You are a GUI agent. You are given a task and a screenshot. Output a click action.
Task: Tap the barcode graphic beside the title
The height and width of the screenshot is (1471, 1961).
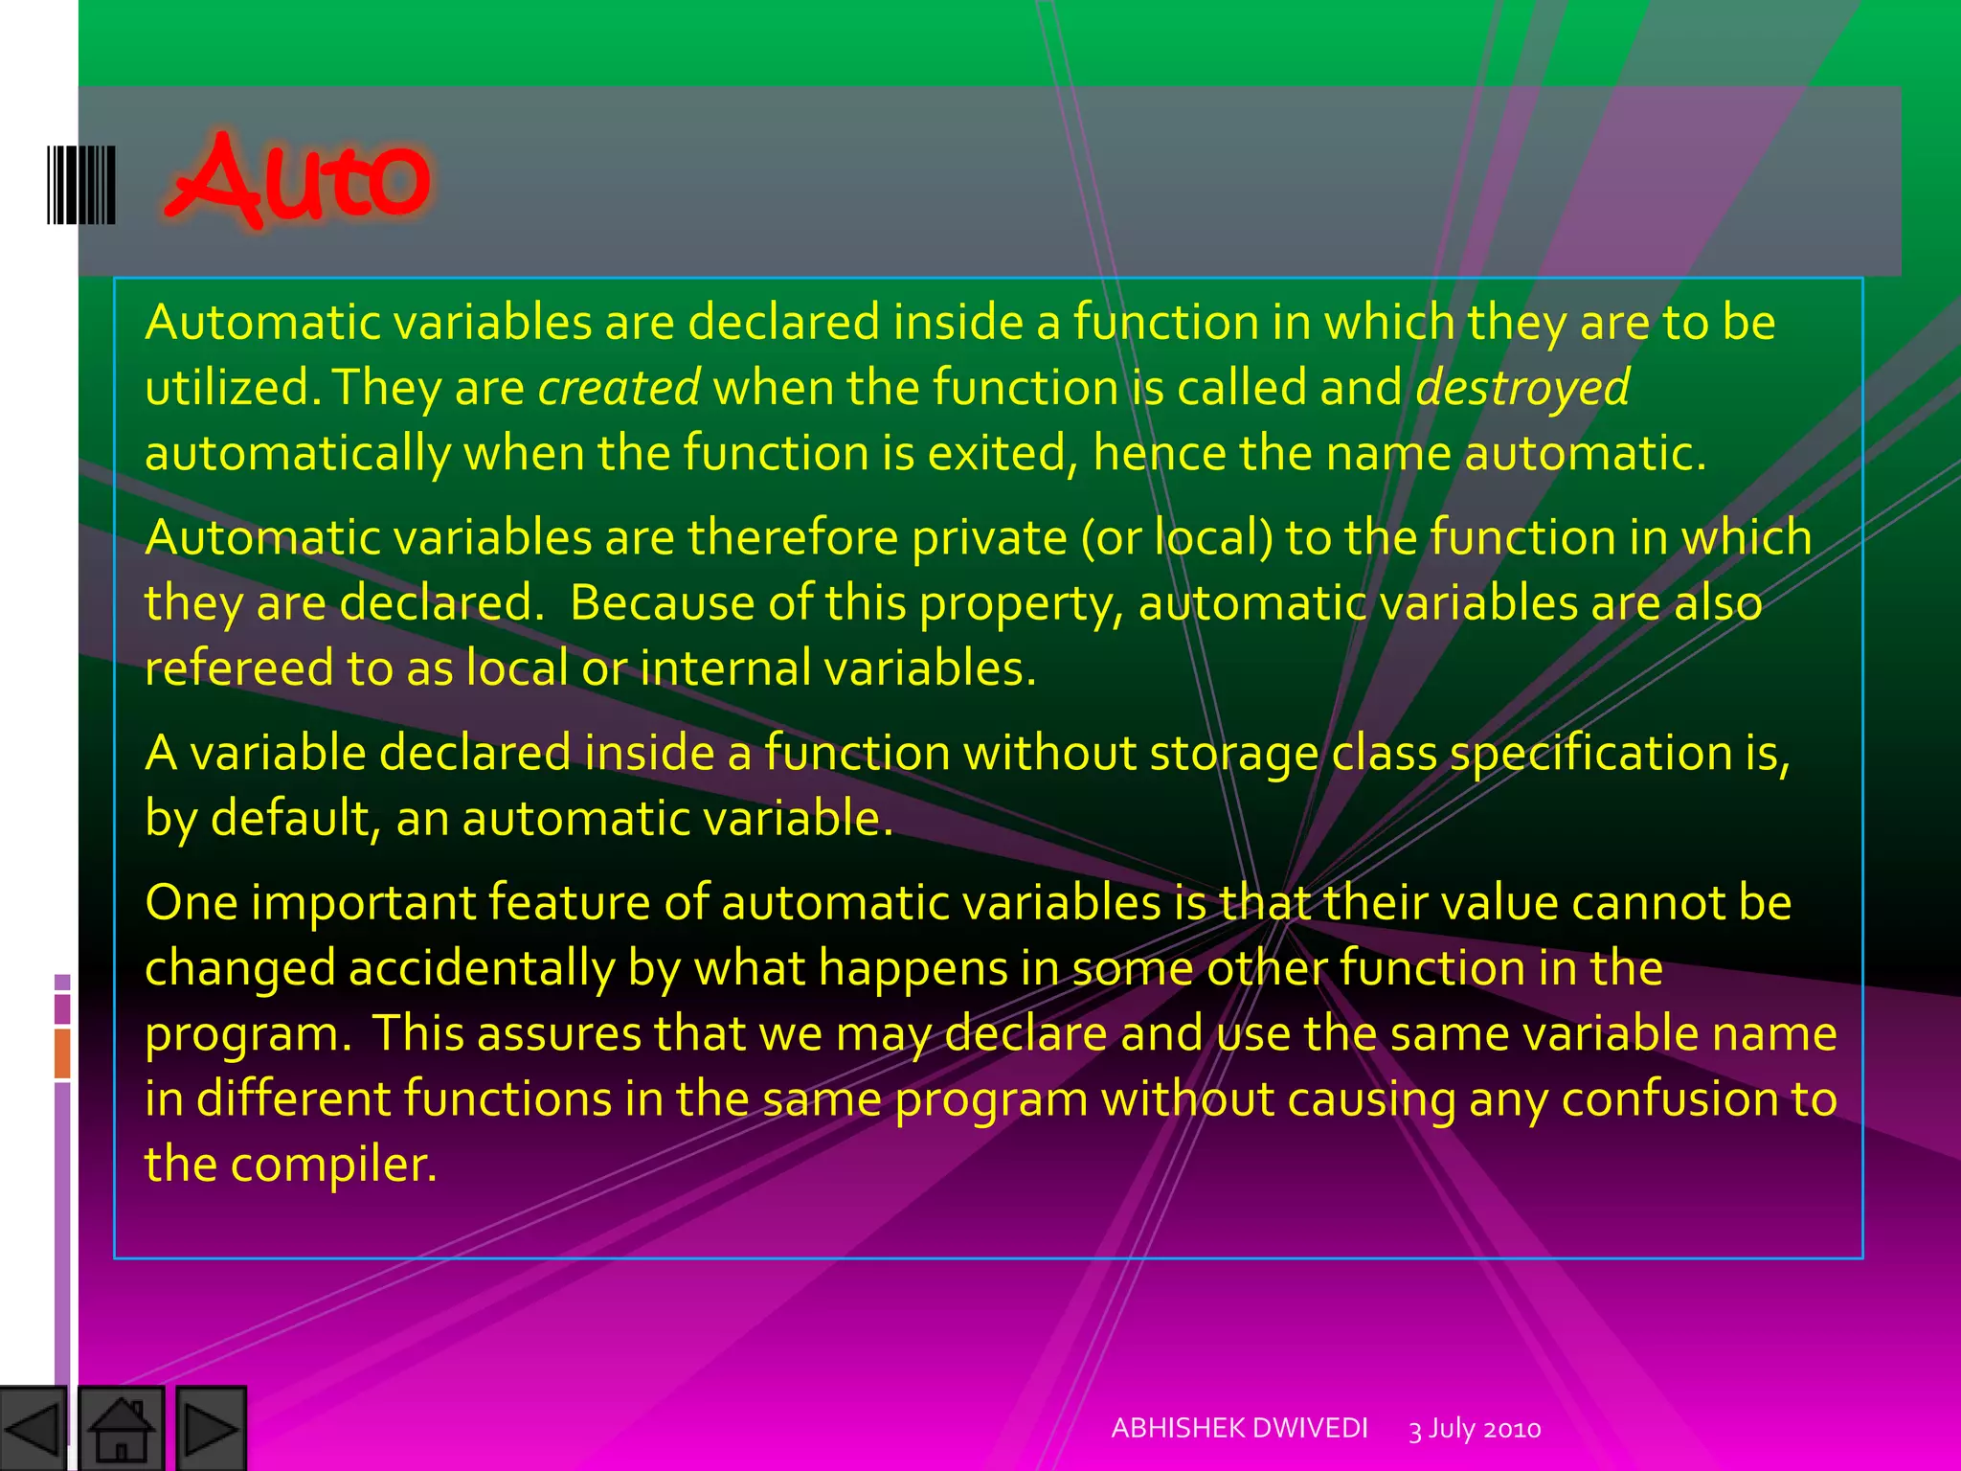pos(82,185)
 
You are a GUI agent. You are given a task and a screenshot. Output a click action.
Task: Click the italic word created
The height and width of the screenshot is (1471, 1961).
pos(619,387)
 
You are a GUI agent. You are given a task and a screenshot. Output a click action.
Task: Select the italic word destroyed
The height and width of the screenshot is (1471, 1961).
pos(1521,387)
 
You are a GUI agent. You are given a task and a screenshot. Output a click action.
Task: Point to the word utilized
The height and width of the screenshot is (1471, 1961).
pos(226,387)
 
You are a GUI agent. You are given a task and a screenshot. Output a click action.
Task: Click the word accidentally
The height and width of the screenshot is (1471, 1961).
pos(481,968)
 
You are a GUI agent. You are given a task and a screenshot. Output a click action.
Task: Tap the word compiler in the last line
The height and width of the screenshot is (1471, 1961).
pos(332,1165)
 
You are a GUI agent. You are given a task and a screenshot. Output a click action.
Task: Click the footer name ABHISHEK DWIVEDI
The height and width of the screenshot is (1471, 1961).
pos(1239,1428)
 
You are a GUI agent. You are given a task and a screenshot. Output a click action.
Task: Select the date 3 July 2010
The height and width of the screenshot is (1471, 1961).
pos(1474,1429)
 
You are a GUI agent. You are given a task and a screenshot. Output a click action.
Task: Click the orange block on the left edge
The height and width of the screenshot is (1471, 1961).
pos(62,1053)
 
